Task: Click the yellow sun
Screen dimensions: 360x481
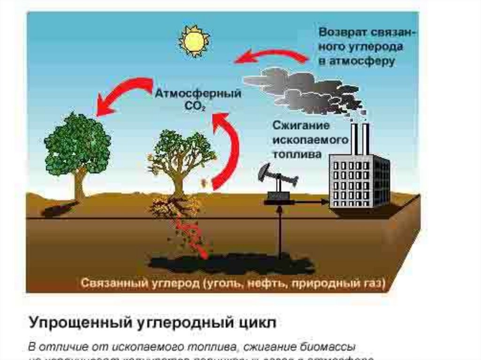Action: click(194, 41)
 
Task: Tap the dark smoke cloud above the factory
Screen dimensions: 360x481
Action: click(305, 89)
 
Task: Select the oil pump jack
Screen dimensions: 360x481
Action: click(278, 183)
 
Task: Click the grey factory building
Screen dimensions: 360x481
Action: click(359, 181)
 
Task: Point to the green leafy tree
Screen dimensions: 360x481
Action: click(78, 146)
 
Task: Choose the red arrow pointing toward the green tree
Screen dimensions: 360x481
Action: click(122, 94)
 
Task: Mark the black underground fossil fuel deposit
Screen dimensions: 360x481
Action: click(225, 263)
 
